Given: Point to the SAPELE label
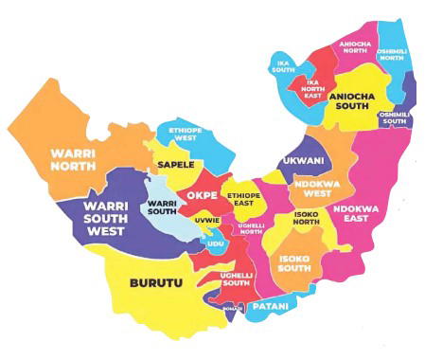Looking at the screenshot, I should (x=176, y=165).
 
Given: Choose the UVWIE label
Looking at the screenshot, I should (x=206, y=220).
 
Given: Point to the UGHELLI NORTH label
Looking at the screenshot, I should (x=251, y=226).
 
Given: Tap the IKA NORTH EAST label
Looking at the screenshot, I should (x=312, y=87).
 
